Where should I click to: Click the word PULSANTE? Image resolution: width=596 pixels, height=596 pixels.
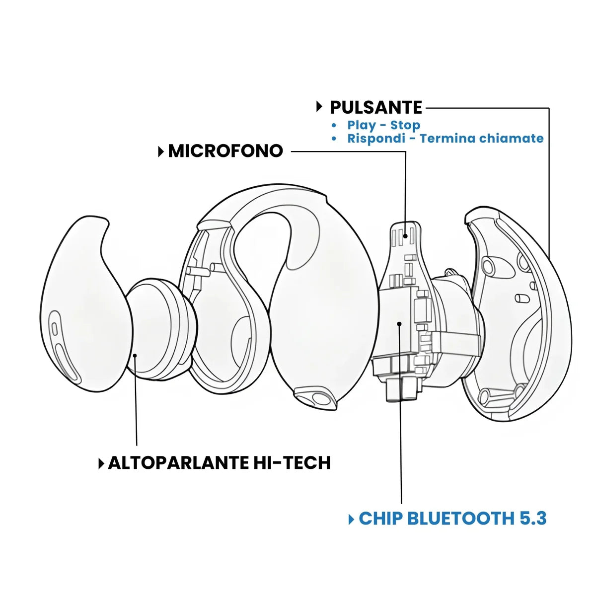[x=376, y=107]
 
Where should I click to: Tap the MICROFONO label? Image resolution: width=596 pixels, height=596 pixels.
[x=225, y=151]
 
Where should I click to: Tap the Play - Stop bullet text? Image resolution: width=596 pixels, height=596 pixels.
[x=383, y=125]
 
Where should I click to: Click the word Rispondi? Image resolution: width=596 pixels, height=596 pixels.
[x=376, y=138]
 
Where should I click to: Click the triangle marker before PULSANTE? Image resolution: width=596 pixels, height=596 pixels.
[x=319, y=107]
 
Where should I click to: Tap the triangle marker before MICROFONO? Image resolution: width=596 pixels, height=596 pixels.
[x=161, y=151]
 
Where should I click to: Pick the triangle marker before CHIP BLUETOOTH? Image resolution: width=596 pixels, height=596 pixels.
[x=352, y=519]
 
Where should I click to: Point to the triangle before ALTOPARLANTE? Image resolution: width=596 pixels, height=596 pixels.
[x=101, y=463]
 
